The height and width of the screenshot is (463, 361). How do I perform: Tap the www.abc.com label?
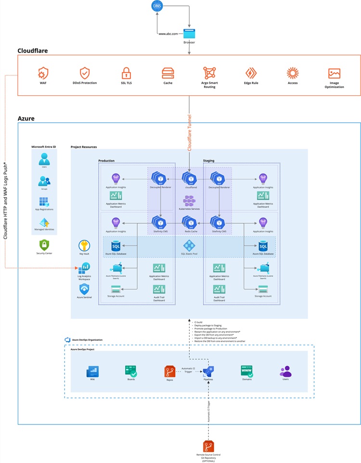tap(168, 34)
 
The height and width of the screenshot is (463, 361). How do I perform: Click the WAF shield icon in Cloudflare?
tap(43, 73)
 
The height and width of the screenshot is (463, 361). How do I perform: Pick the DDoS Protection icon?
tap(85, 73)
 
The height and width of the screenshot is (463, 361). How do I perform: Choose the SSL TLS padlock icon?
tap(126, 73)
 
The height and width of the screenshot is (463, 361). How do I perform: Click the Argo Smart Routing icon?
tap(209, 73)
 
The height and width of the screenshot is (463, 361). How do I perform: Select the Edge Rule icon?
tap(251, 73)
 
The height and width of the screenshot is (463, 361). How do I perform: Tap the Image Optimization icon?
tap(334, 73)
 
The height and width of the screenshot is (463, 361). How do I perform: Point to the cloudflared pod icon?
tap(189, 178)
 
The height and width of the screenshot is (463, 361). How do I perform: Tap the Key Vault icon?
tap(84, 245)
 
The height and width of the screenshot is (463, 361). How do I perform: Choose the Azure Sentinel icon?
tap(84, 289)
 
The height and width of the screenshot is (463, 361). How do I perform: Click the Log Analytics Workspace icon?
tap(84, 268)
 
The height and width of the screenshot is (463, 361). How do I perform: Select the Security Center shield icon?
tap(44, 244)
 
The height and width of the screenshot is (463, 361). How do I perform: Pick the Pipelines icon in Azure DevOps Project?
tap(208, 371)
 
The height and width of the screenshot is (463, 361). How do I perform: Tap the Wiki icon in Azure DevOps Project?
tap(92, 371)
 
